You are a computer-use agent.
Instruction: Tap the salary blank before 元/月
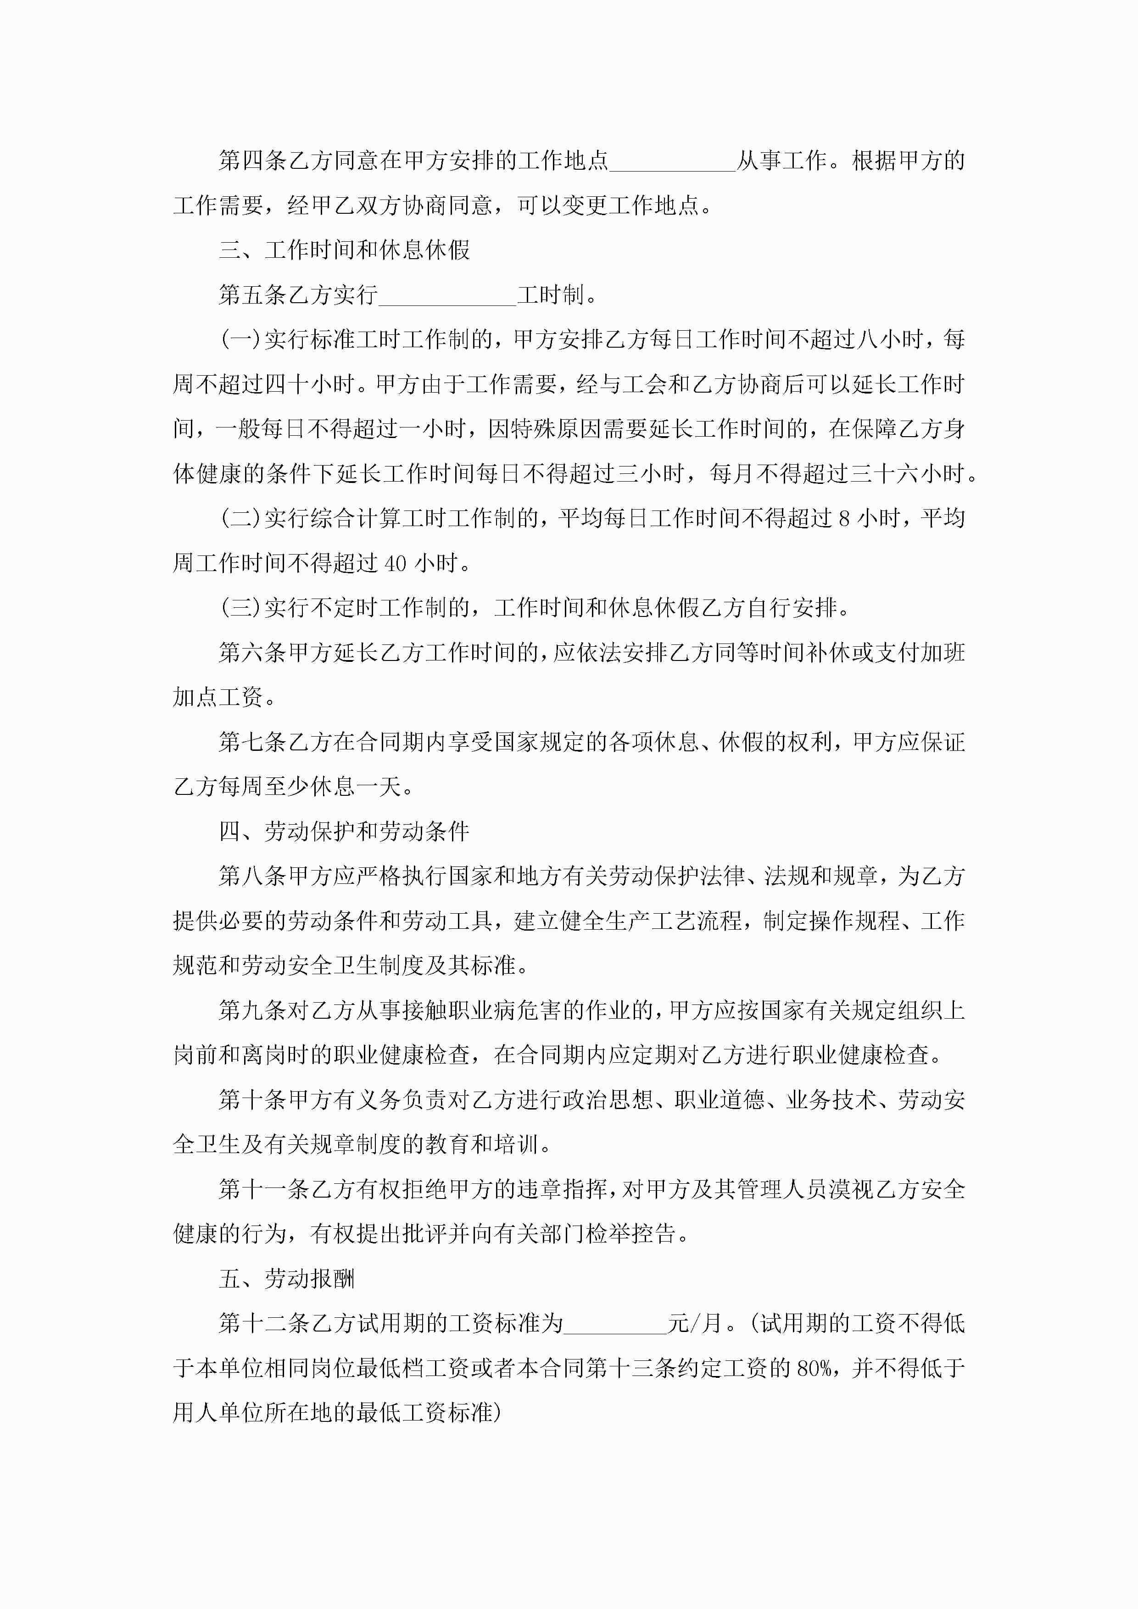coord(615,1323)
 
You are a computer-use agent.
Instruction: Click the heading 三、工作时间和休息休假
coord(344,250)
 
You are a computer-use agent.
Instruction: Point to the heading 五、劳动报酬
coord(287,1278)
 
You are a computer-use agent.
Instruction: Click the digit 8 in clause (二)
coord(844,519)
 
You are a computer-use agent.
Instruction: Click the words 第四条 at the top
coord(252,161)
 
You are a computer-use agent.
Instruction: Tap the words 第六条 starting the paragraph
coord(252,652)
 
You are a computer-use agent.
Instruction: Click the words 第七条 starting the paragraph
coord(252,742)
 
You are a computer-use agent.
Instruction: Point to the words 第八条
coord(252,876)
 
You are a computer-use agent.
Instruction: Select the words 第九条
coord(252,1010)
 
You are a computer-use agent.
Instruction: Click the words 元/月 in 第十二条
coord(694,1323)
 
